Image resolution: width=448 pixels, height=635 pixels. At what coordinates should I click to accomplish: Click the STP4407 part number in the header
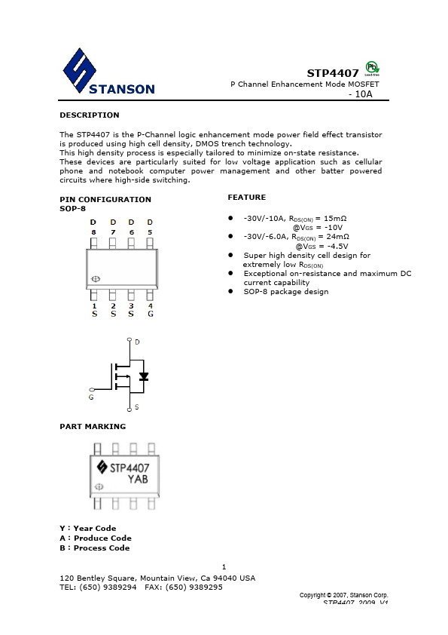(x=333, y=73)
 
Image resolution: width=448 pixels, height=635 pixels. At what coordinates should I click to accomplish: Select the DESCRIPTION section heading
(x=89, y=115)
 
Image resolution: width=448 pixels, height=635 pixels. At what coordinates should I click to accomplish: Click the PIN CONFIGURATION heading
(x=105, y=200)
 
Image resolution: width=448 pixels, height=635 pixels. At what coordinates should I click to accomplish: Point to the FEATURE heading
(x=246, y=198)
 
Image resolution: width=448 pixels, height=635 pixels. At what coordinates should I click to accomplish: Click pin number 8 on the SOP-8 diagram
(x=93, y=232)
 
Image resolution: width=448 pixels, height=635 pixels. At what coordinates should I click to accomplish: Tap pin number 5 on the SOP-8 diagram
(x=150, y=232)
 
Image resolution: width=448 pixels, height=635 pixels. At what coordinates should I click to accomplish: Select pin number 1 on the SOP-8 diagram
(x=94, y=305)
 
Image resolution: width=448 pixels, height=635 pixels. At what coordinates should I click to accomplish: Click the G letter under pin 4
(x=151, y=314)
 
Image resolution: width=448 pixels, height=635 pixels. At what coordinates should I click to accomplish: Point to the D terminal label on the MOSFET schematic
(x=137, y=342)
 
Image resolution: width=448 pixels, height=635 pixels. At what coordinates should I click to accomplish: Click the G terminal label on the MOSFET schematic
(x=91, y=396)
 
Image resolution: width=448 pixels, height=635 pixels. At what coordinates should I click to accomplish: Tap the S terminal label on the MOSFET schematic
(x=136, y=406)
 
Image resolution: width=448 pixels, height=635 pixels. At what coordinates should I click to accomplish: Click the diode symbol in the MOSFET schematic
(x=144, y=376)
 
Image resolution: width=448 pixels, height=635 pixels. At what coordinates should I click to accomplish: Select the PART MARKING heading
(x=93, y=427)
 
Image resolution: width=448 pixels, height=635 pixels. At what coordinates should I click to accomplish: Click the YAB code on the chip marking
(x=137, y=479)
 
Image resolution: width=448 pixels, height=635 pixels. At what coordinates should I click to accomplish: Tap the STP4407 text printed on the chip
(x=130, y=468)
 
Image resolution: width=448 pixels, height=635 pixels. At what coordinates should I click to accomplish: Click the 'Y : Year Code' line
(x=88, y=529)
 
